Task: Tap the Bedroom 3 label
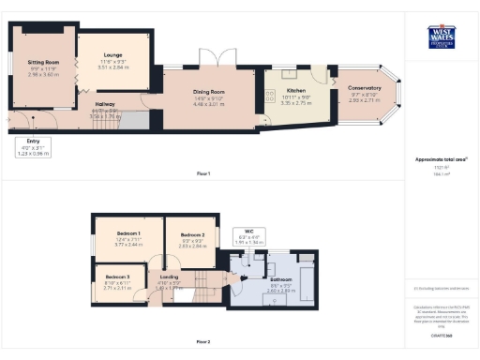[117, 277]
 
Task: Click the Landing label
[170, 277]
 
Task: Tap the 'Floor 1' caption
[202, 173]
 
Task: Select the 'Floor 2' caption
[202, 341]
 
